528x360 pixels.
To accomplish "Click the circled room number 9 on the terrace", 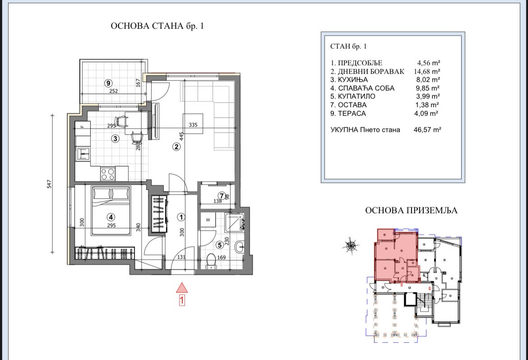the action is [108, 83].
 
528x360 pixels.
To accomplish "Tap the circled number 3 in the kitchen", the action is [116, 138].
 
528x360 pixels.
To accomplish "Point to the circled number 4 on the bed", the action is [111, 217].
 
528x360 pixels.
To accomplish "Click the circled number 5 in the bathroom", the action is [220, 245].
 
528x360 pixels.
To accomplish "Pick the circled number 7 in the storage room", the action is [222, 195].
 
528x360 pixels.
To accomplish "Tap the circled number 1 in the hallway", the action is [181, 217].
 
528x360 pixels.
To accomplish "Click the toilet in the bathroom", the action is [211, 261].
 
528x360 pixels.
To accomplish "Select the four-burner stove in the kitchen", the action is [108, 174].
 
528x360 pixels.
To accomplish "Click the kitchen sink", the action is [83, 154].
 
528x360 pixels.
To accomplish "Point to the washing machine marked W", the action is [208, 220].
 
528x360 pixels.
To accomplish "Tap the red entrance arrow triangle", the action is [182, 288].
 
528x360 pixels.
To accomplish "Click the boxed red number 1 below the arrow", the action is [182, 300].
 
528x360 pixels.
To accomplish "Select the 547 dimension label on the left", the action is [49, 184].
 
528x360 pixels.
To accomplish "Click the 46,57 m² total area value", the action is [427, 129].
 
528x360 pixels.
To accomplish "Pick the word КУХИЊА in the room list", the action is [352, 80].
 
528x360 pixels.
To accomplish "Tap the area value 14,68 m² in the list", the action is [427, 71].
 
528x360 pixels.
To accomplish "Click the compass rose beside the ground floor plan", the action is [351, 246].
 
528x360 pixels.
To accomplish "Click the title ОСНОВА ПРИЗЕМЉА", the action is [412, 211].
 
